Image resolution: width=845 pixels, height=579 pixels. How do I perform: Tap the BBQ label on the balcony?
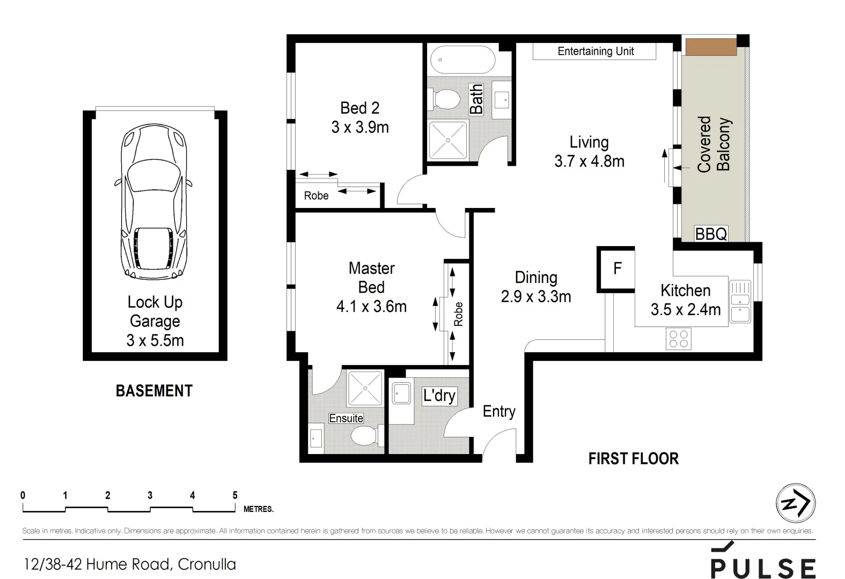711,234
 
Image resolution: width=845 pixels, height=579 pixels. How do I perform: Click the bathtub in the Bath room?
463,60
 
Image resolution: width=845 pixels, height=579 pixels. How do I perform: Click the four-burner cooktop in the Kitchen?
678,339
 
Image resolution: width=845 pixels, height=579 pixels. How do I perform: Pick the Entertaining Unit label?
595,51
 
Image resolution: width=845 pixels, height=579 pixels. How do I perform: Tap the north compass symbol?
796,503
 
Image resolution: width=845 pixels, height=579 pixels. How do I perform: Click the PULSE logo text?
763,568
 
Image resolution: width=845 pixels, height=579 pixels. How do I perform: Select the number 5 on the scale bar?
235,495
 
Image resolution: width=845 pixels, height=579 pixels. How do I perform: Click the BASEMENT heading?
154,391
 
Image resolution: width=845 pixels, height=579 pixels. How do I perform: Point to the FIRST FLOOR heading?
633,458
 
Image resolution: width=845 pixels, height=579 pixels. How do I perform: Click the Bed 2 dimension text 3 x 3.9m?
359,128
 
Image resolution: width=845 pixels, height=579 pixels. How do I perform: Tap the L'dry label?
439,396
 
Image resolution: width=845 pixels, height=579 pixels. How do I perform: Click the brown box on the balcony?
711,47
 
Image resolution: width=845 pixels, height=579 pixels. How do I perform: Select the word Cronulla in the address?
207,564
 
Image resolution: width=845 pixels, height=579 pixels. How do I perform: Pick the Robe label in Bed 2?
316,196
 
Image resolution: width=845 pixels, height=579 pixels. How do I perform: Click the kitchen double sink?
740,302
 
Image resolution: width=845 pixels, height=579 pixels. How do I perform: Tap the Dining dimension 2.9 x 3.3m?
535,296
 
